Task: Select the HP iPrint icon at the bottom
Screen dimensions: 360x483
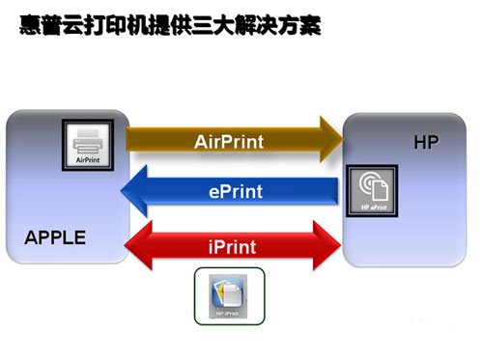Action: pos(228,295)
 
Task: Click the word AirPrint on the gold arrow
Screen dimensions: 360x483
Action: pos(228,141)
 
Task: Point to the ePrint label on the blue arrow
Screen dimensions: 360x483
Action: pos(235,191)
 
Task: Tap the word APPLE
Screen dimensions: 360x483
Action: pos(55,237)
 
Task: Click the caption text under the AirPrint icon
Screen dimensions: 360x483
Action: pos(88,161)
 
